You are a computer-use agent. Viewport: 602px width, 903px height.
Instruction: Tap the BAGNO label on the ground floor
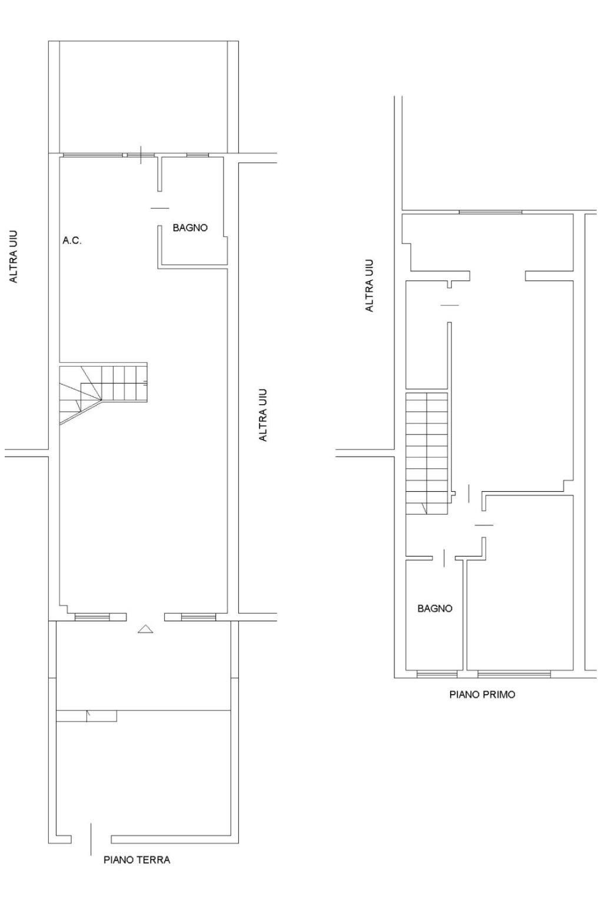click(x=190, y=228)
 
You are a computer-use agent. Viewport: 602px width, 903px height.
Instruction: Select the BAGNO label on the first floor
click(x=435, y=608)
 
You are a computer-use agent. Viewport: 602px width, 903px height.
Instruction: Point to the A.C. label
click(x=72, y=241)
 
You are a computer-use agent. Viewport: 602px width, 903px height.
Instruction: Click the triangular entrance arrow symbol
click(x=145, y=628)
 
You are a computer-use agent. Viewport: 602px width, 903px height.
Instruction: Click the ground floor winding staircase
click(x=103, y=393)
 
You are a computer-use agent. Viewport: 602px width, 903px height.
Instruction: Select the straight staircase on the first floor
click(x=427, y=454)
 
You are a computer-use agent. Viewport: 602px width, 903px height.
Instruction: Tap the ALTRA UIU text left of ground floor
click(x=14, y=256)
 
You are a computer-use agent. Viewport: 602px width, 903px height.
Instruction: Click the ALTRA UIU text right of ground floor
click(x=262, y=415)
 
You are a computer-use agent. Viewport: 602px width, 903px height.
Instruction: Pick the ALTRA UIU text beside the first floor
click(x=369, y=285)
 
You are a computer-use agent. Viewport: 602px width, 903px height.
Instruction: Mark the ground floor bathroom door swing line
click(x=159, y=208)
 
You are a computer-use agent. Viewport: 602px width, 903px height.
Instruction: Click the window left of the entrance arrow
click(x=92, y=617)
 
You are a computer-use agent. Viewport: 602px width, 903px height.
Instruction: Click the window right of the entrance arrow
click(x=198, y=617)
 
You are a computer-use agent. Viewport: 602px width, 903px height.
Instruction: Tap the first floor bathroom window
click(x=437, y=674)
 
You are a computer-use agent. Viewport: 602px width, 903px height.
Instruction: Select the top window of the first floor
click(x=490, y=212)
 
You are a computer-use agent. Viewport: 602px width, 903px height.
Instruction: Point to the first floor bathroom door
click(x=444, y=558)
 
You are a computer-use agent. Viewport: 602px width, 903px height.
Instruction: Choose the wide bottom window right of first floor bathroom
click(x=514, y=674)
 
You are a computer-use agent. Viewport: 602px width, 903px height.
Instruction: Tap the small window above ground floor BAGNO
click(x=198, y=155)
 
